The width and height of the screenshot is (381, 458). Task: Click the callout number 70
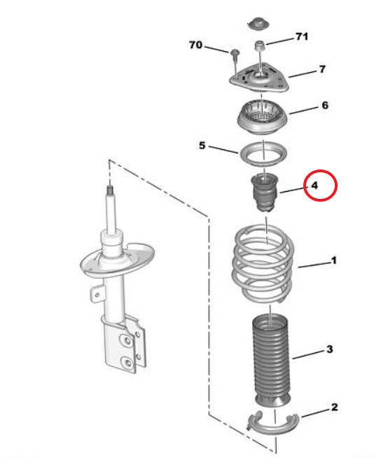[195, 45]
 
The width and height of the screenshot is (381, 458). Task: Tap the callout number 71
[302, 36]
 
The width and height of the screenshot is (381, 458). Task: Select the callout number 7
[322, 69]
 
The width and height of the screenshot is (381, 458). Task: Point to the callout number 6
[325, 105]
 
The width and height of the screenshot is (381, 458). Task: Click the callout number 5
[202, 146]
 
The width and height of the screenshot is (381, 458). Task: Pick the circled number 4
[314, 186]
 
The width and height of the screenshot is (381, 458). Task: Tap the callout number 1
[333, 261]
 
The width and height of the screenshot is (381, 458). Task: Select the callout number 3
[330, 349]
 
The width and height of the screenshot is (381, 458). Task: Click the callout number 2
[334, 407]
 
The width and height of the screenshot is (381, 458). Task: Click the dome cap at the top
[258, 23]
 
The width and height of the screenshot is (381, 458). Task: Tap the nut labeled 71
[259, 46]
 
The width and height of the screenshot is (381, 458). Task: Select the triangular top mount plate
[259, 78]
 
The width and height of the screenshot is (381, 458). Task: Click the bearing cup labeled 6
[262, 117]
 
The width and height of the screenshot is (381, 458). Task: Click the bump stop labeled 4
[265, 193]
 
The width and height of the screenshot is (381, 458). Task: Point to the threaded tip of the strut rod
[110, 190]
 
